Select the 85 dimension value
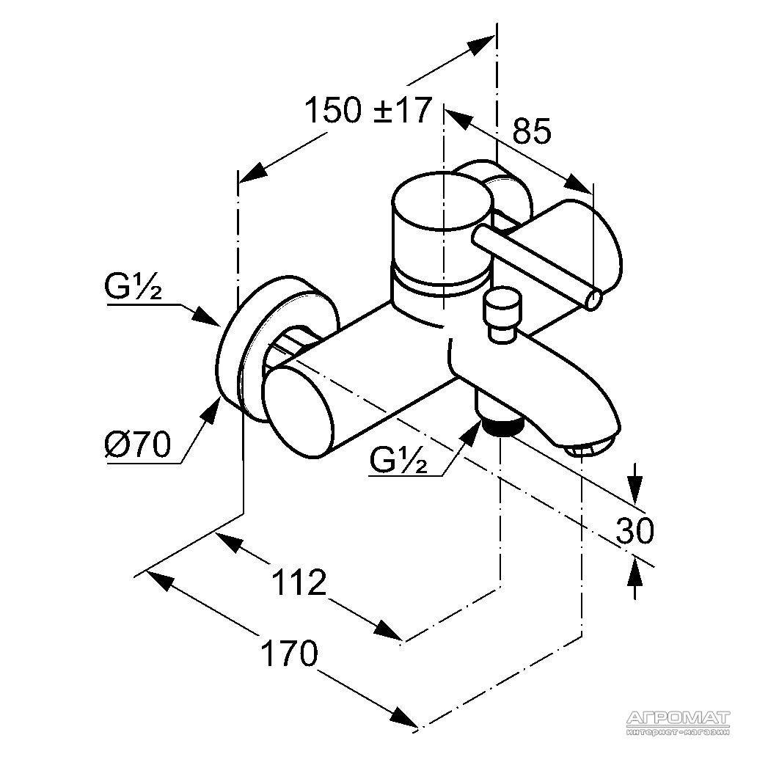coord(531,131)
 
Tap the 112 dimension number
coord(299,582)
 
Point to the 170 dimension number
coord(289,653)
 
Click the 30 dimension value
coord(635,530)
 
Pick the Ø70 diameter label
coord(138,445)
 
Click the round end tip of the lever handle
coord(593,299)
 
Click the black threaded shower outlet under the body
coord(503,426)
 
